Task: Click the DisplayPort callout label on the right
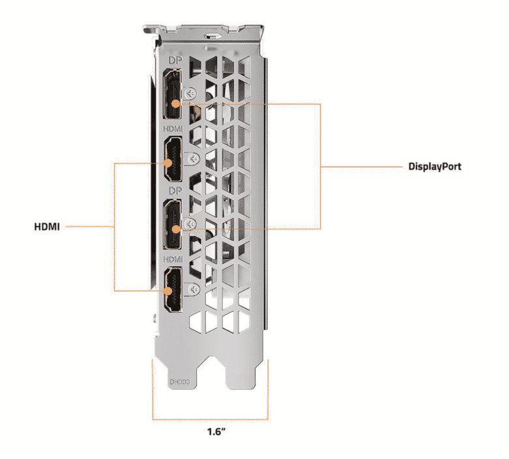click(x=435, y=166)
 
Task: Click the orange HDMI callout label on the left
click(x=47, y=227)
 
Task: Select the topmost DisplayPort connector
click(x=173, y=97)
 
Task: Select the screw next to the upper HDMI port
click(x=190, y=157)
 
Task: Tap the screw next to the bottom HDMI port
click(x=190, y=288)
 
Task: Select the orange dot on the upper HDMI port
click(x=173, y=163)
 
